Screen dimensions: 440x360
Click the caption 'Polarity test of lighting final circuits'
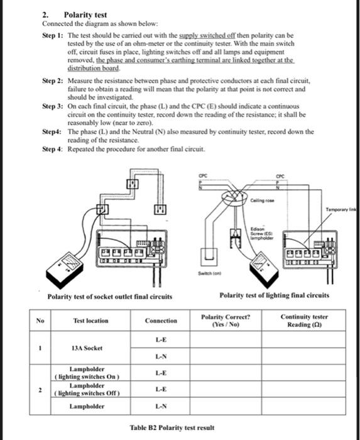tap(274, 295)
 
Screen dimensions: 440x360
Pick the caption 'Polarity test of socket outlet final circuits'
tap(110, 296)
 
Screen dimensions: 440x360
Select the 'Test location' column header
tap(90, 321)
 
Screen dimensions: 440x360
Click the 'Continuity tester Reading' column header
tap(305, 321)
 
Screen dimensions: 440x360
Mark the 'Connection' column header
tap(161, 321)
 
